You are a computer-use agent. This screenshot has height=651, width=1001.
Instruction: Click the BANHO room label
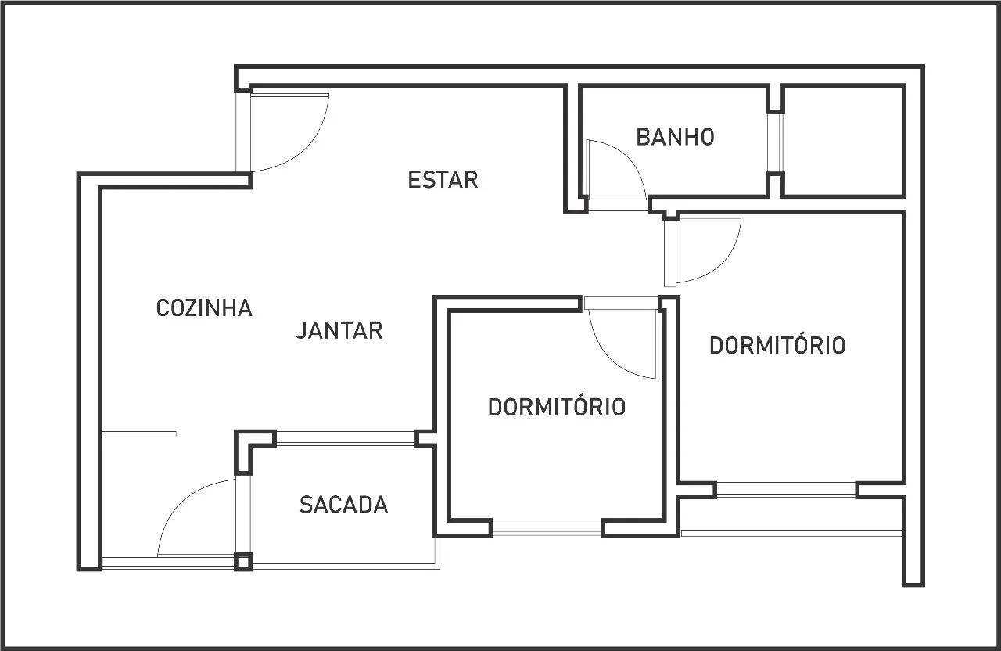pyautogui.click(x=675, y=137)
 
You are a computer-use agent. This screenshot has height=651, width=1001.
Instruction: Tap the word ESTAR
pyautogui.click(x=443, y=180)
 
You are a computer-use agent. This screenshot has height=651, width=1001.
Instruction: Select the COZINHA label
pyautogui.click(x=204, y=308)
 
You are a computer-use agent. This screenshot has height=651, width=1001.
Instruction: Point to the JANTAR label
pyautogui.click(x=339, y=330)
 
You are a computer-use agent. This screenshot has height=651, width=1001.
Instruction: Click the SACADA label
pyautogui.click(x=343, y=505)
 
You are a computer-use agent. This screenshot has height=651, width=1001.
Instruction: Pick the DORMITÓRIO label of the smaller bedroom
pyautogui.click(x=556, y=407)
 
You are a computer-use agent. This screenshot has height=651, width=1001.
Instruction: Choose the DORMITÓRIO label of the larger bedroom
pyautogui.click(x=777, y=345)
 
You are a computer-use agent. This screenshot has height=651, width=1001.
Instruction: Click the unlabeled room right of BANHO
pyautogui.click(x=843, y=141)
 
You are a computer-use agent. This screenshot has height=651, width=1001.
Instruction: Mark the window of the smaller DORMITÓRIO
pyautogui.click(x=547, y=527)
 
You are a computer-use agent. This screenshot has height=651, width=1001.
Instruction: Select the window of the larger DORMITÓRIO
pyautogui.click(x=787, y=490)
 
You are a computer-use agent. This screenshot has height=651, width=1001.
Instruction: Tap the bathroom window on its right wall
pyautogui.click(x=776, y=142)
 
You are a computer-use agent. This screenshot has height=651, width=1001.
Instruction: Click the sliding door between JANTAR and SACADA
pyautogui.click(x=346, y=438)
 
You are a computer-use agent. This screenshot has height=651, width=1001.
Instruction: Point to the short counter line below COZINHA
pyautogui.click(x=139, y=434)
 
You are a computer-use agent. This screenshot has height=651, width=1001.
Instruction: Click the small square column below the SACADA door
pyautogui.click(x=243, y=562)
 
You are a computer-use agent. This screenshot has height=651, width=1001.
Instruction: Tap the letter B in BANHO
pyautogui.click(x=642, y=137)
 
